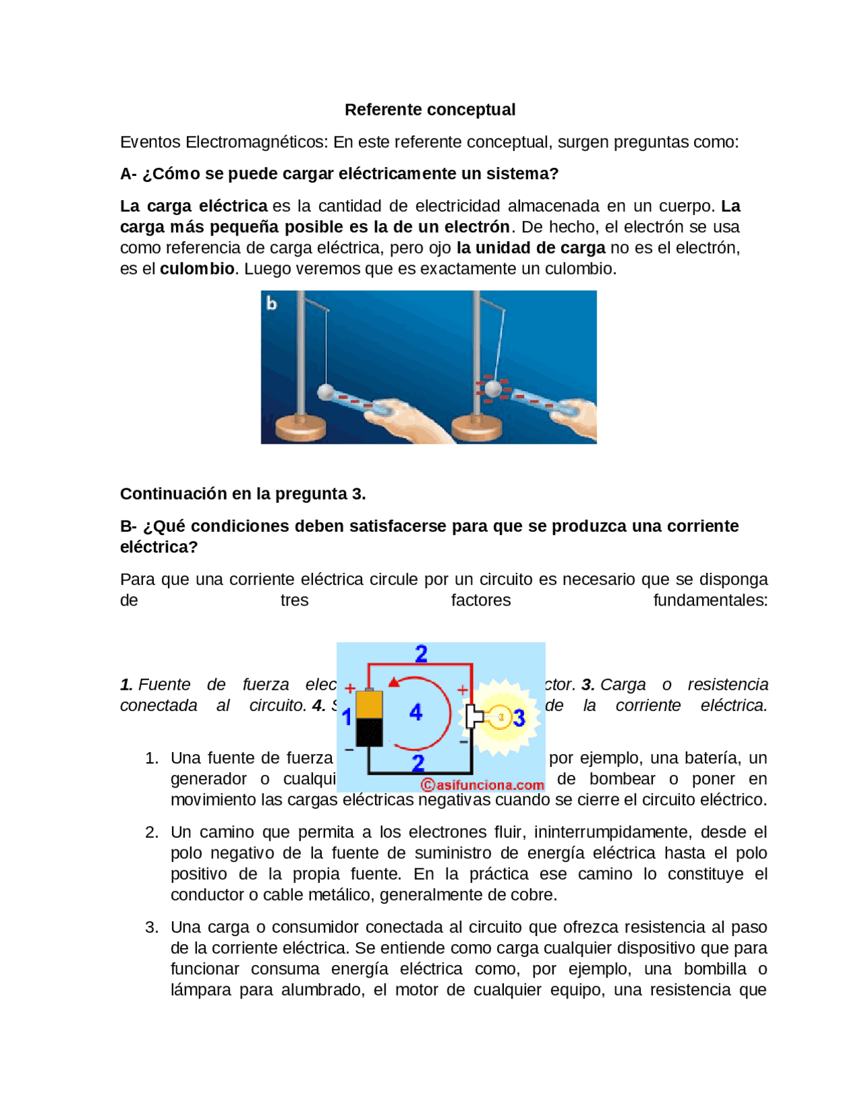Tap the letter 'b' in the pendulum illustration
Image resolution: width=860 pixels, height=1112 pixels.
[x=271, y=304]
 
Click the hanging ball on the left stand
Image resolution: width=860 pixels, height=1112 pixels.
[x=326, y=391]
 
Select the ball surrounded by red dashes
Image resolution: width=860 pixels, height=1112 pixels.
[x=494, y=388]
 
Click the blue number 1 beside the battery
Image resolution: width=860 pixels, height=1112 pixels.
[x=347, y=717]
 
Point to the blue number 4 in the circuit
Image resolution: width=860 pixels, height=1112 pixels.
[x=416, y=712]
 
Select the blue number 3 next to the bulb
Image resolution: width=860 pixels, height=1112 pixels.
[x=519, y=718]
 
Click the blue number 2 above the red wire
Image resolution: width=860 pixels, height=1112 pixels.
[x=421, y=653]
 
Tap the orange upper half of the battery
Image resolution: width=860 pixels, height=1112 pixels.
[x=369, y=704]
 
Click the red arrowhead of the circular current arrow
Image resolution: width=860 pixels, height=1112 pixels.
[x=394, y=682]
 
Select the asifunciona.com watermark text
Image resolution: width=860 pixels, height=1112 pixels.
[x=482, y=784]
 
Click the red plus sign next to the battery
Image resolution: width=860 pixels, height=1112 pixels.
[x=349, y=688]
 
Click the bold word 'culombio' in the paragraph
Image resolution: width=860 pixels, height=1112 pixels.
[x=197, y=269]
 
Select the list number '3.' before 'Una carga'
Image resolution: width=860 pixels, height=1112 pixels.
[x=152, y=927]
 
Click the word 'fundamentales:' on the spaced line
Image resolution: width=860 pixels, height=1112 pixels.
[x=710, y=600]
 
